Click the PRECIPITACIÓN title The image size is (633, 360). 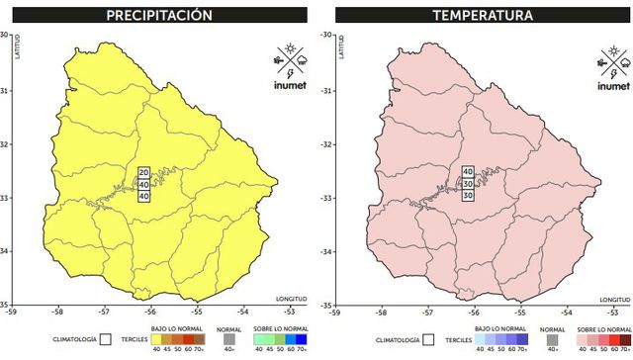(161, 16)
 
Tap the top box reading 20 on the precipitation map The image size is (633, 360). (143, 172)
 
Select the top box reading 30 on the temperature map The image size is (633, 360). (468, 172)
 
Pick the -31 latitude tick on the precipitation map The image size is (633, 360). (5, 90)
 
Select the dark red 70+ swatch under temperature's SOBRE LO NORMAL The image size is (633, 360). (623, 339)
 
